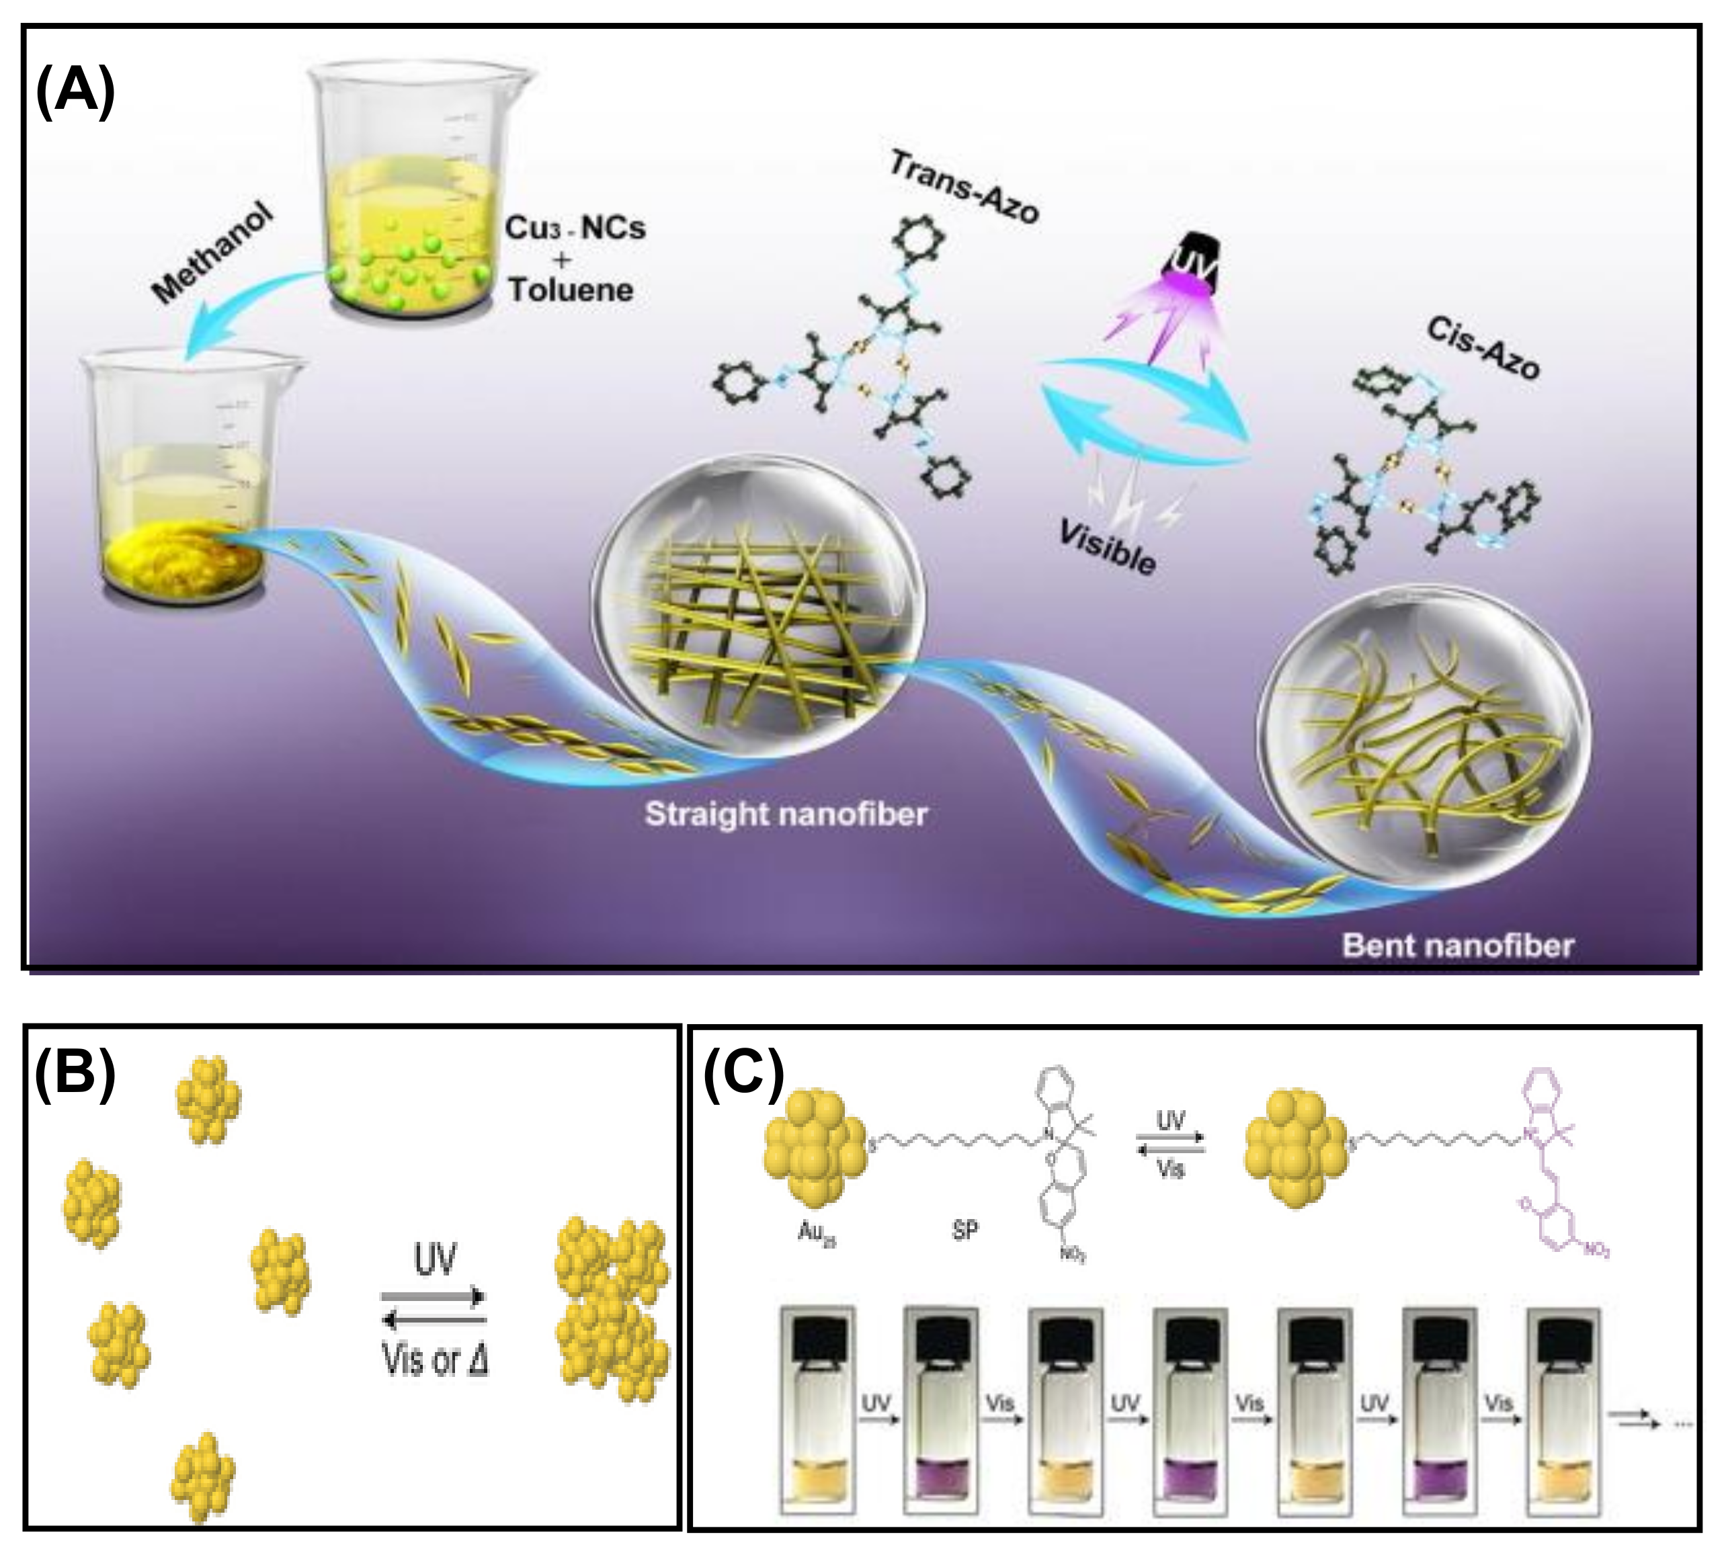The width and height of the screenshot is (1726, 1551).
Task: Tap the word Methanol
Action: point(214,254)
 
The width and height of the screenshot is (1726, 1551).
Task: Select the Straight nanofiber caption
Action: point(785,814)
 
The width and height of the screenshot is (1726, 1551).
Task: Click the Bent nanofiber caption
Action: point(1458,945)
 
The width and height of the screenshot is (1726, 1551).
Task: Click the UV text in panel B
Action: point(435,1259)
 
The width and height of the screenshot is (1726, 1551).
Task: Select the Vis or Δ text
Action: point(435,1360)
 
